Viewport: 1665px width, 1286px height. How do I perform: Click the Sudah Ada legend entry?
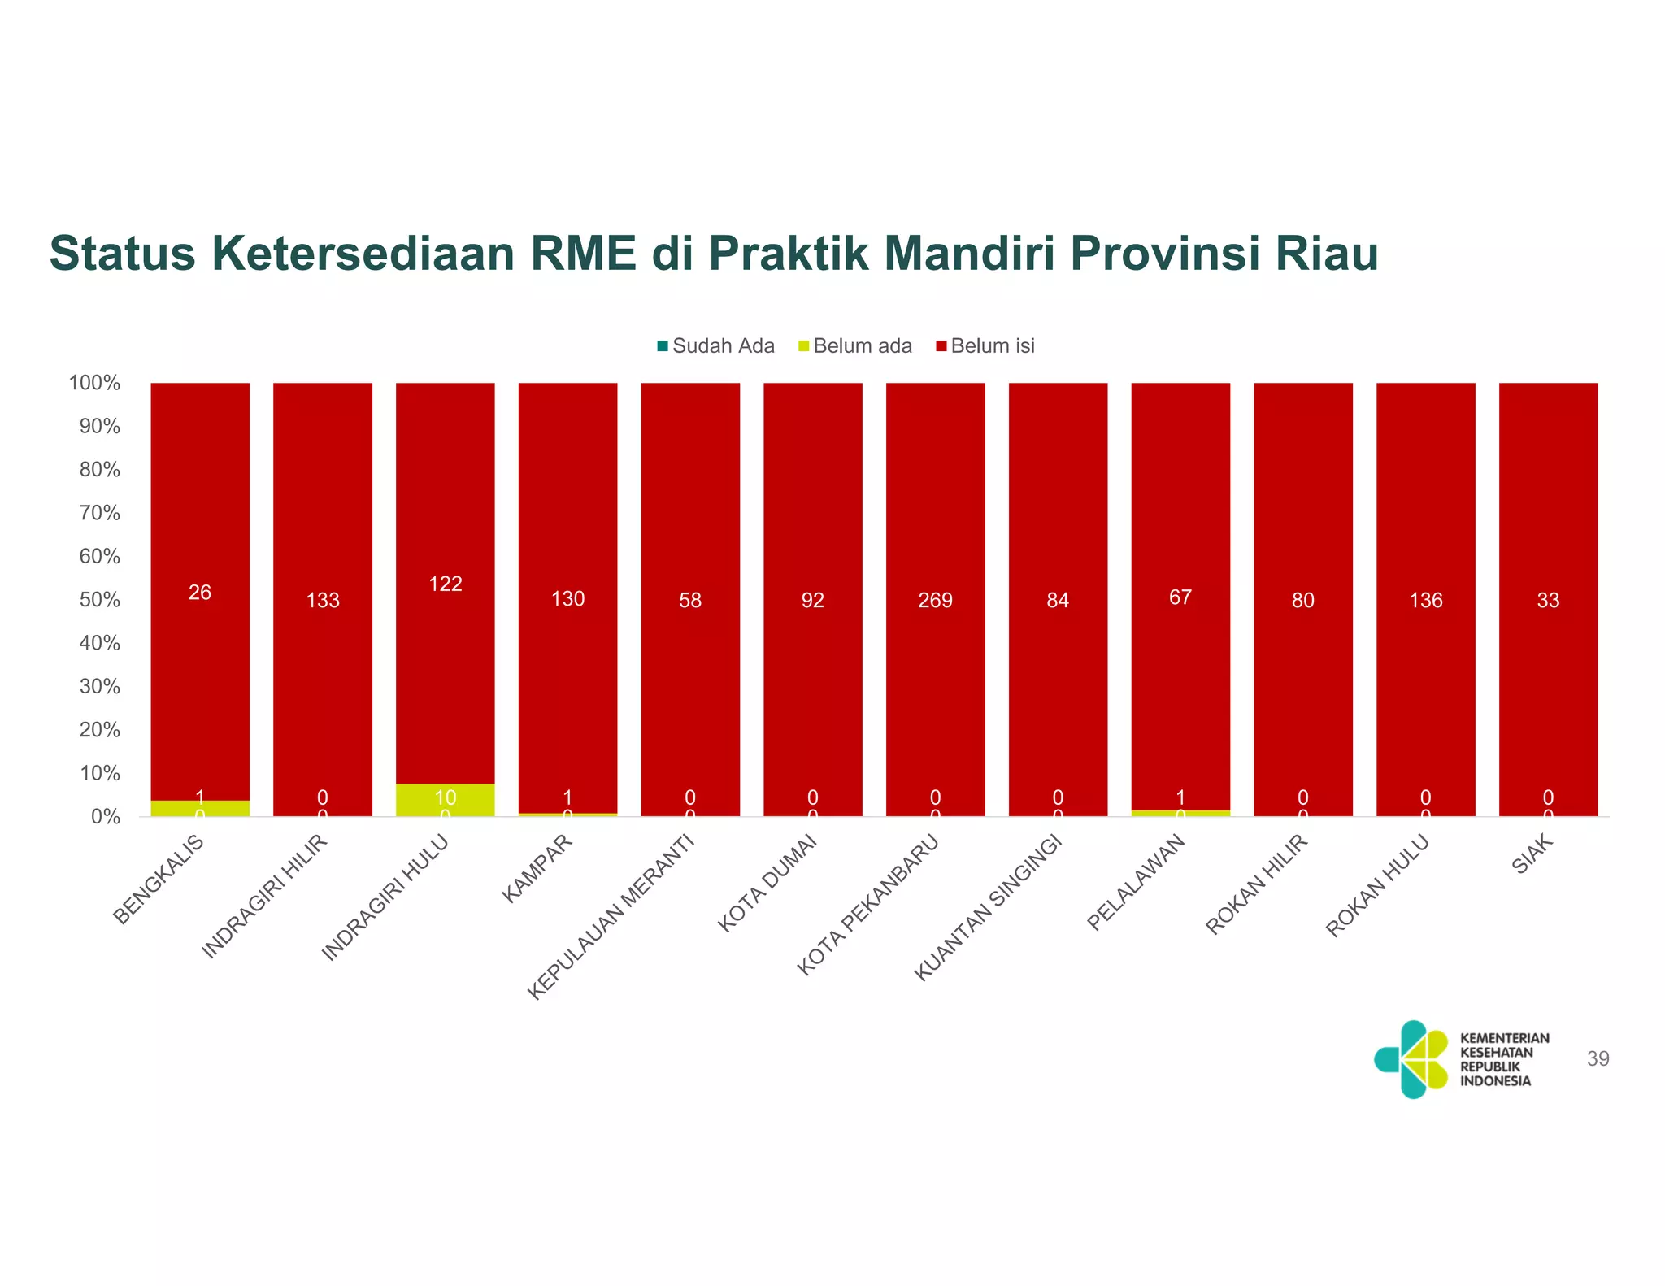coord(715,346)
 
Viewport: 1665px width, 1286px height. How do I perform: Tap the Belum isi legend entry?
coord(985,346)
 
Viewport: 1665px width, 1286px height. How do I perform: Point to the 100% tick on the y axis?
coord(95,383)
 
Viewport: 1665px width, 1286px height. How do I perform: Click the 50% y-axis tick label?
coord(99,600)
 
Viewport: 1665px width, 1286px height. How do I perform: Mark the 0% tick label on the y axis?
coord(105,817)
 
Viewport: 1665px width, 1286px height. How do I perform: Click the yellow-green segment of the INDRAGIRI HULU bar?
coord(446,800)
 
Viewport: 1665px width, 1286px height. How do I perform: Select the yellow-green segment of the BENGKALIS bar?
coord(200,808)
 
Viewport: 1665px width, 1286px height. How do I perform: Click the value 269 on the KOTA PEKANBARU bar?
coord(935,600)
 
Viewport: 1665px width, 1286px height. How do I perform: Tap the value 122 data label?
coord(446,584)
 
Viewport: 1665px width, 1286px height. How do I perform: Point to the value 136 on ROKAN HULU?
coord(1426,600)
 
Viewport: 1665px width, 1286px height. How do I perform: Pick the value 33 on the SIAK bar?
coord(1548,600)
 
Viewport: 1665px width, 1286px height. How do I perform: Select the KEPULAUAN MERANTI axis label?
coord(611,917)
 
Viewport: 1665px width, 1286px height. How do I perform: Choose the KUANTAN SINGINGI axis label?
coord(989,907)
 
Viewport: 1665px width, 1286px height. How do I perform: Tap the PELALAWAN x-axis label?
coord(1137,883)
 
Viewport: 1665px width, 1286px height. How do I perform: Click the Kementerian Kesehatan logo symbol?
coord(1412,1059)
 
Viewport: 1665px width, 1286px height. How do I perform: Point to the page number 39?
coord(1598,1058)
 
